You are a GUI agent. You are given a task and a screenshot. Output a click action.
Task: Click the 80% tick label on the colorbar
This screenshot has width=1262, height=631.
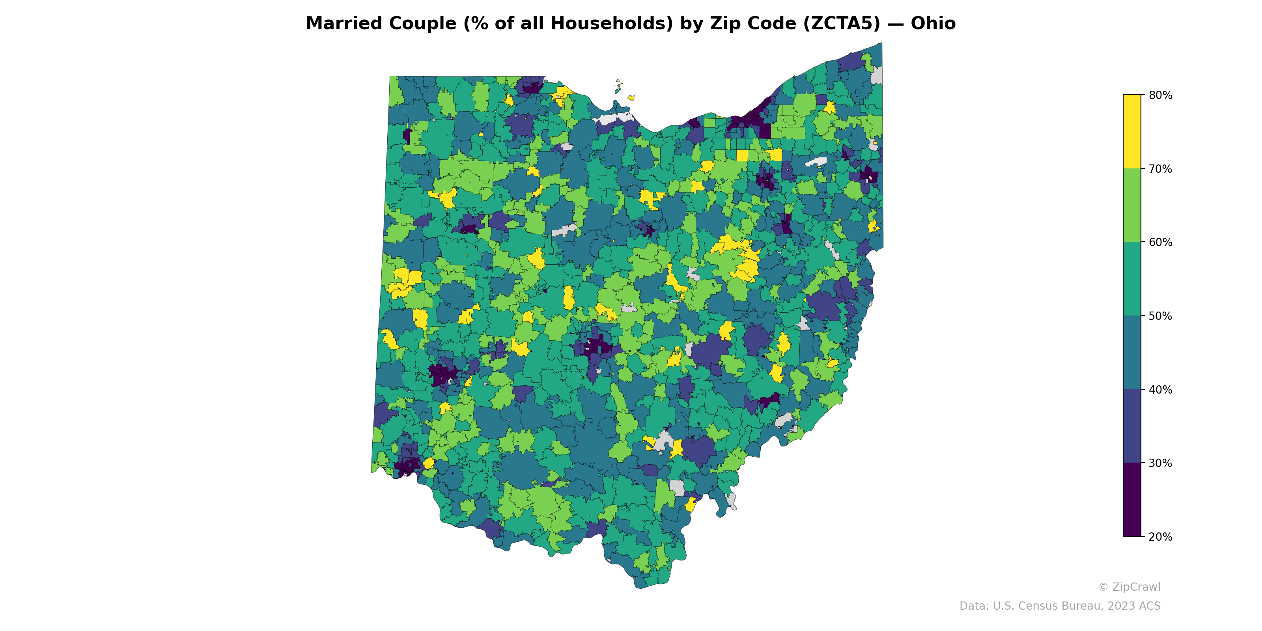coord(1160,95)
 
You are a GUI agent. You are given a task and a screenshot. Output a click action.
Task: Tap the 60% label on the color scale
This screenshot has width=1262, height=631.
coord(1160,243)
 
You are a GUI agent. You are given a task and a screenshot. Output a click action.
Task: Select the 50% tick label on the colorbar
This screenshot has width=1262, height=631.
coord(1160,316)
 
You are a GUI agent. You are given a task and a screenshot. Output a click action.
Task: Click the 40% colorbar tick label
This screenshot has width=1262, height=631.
coord(1160,390)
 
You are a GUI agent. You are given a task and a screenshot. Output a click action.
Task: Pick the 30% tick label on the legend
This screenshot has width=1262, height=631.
coord(1160,463)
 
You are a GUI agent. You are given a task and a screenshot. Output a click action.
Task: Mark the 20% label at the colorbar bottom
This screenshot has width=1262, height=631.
coord(1160,537)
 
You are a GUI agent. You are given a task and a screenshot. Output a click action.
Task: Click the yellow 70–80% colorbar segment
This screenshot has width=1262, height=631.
coord(1132,131)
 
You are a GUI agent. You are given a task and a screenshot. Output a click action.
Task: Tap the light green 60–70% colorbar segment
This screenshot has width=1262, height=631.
coord(1132,205)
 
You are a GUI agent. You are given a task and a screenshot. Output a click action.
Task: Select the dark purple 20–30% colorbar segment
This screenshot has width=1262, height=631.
coord(1132,500)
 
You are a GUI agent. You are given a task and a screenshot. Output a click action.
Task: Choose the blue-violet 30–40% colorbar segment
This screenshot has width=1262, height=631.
coord(1132,426)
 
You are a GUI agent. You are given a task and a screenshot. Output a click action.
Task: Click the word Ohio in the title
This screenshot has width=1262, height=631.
coord(933,24)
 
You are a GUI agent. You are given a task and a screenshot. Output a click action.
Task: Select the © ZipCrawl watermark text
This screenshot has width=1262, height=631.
coord(1129,587)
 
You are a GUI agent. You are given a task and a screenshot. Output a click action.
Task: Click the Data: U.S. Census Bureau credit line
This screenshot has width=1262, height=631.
coord(1060,606)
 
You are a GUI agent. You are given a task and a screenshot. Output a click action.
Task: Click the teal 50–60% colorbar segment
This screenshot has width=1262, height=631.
coord(1132,279)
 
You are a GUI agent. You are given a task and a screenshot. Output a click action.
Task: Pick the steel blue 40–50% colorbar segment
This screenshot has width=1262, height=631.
coord(1132,353)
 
